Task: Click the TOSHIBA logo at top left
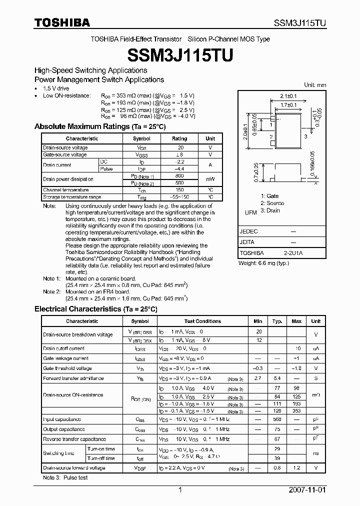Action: pyautogui.click(x=62, y=22)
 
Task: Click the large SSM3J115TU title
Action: pyautogui.click(x=179, y=55)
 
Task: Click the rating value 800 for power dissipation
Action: pyautogui.click(x=179, y=176)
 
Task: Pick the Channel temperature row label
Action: pyautogui.click(x=65, y=190)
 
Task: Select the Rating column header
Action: pyautogui.click(x=179, y=138)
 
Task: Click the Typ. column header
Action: pyautogui.click(x=277, y=321)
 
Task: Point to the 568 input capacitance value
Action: pyautogui.click(x=277, y=419)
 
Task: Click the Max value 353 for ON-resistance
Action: pyautogui.click(x=296, y=410)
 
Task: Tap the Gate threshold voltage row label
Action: pyautogui.click(x=66, y=368)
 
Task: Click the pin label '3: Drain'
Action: pyautogui.click(x=270, y=210)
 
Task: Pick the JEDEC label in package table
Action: pyautogui.click(x=249, y=231)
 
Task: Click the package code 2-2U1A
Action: pyautogui.click(x=293, y=253)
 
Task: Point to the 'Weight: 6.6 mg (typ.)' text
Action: pyautogui.click(x=263, y=263)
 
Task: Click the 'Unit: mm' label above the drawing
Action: pyautogui.click(x=315, y=85)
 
